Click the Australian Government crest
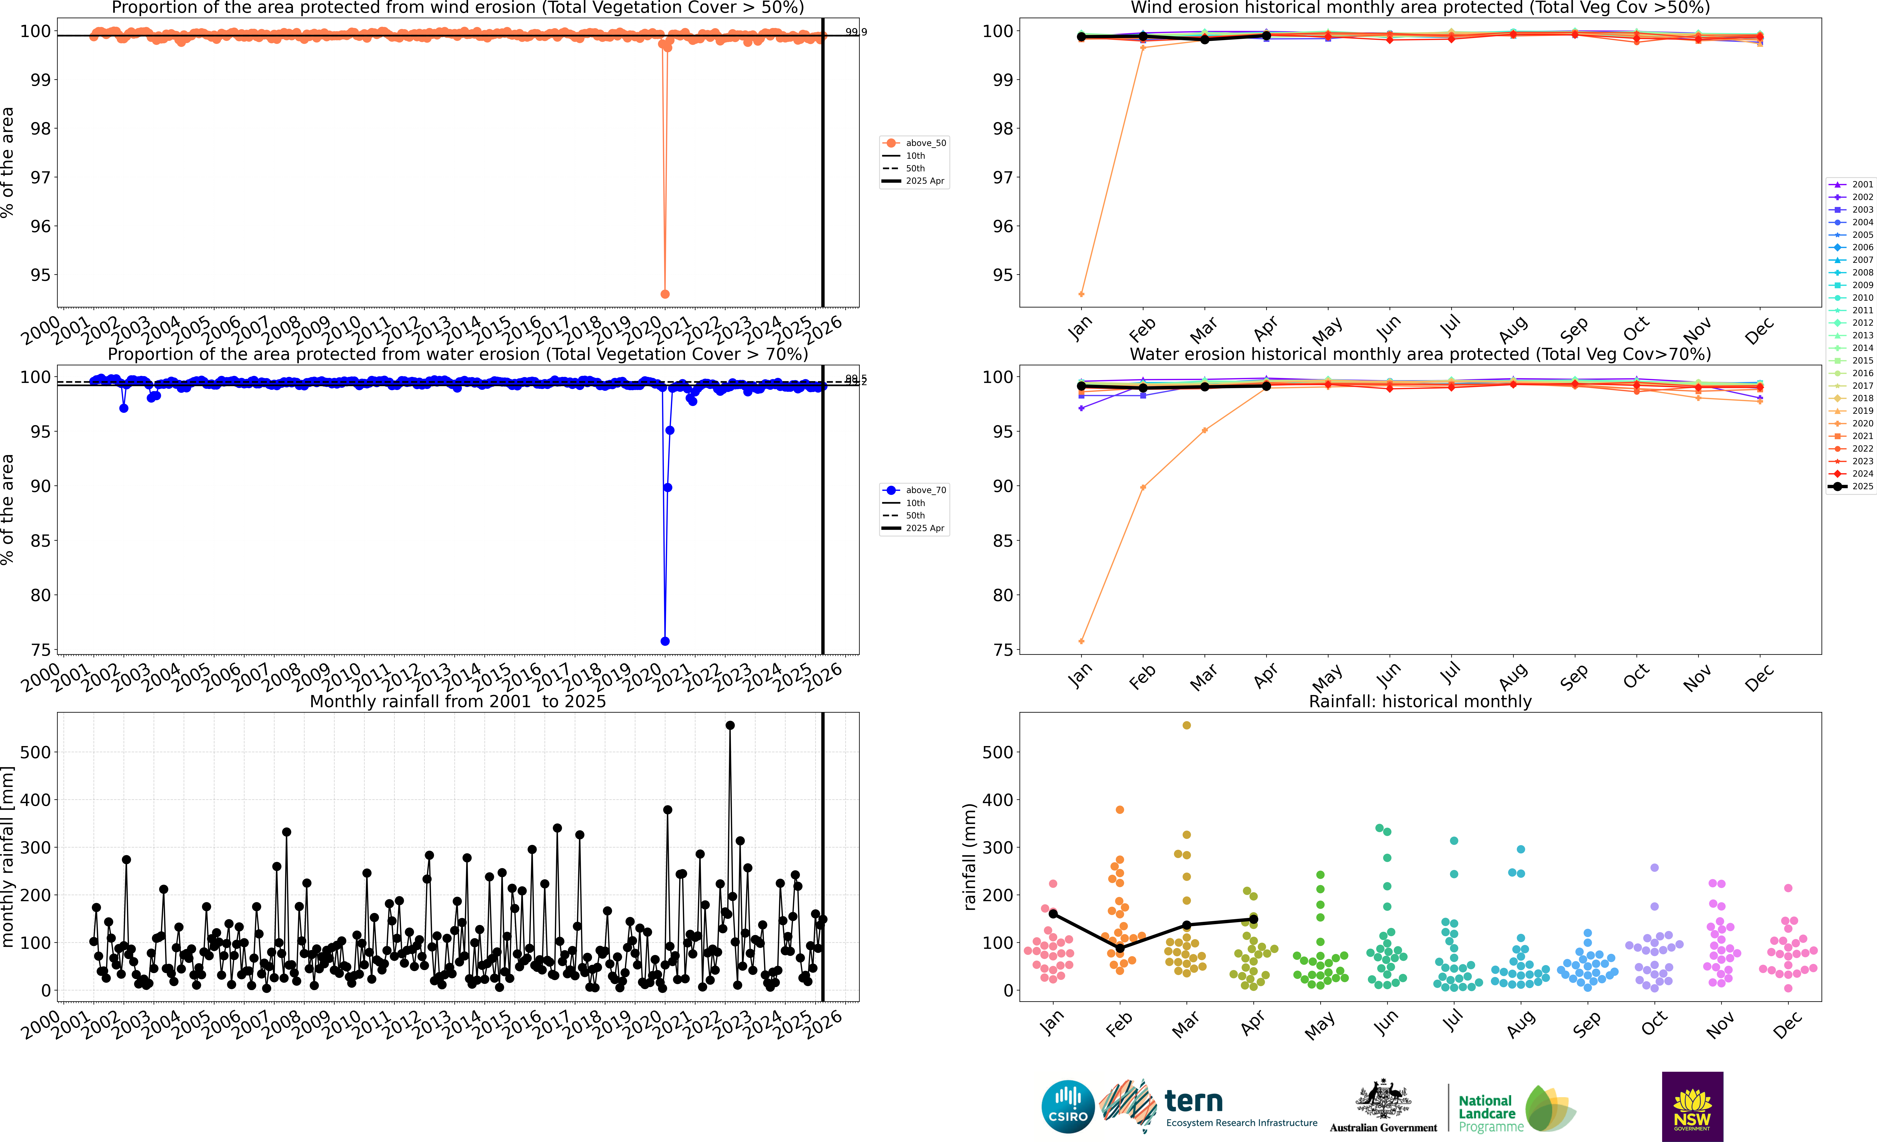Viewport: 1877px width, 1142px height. coord(1383,1099)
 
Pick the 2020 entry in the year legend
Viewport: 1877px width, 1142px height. coord(1862,423)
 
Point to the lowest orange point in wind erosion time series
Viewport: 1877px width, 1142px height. coord(665,294)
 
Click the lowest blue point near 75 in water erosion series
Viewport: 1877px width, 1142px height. coord(665,641)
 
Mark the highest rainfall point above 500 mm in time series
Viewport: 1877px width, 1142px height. coord(730,726)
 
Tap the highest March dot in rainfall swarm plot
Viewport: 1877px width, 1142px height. coord(1186,726)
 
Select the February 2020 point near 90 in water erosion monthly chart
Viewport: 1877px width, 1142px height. coord(1143,487)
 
